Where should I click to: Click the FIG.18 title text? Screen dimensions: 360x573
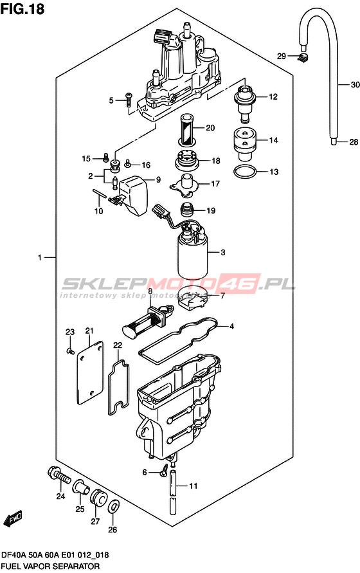coord(22,9)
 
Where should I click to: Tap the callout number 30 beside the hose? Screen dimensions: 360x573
coord(355,85)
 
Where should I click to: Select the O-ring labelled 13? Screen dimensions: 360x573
coord(245,172)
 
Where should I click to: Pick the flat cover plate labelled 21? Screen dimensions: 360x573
coord(89,372)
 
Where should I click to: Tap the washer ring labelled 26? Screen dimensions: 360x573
coord(114,507)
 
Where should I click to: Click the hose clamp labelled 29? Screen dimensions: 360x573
coord(303,57)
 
